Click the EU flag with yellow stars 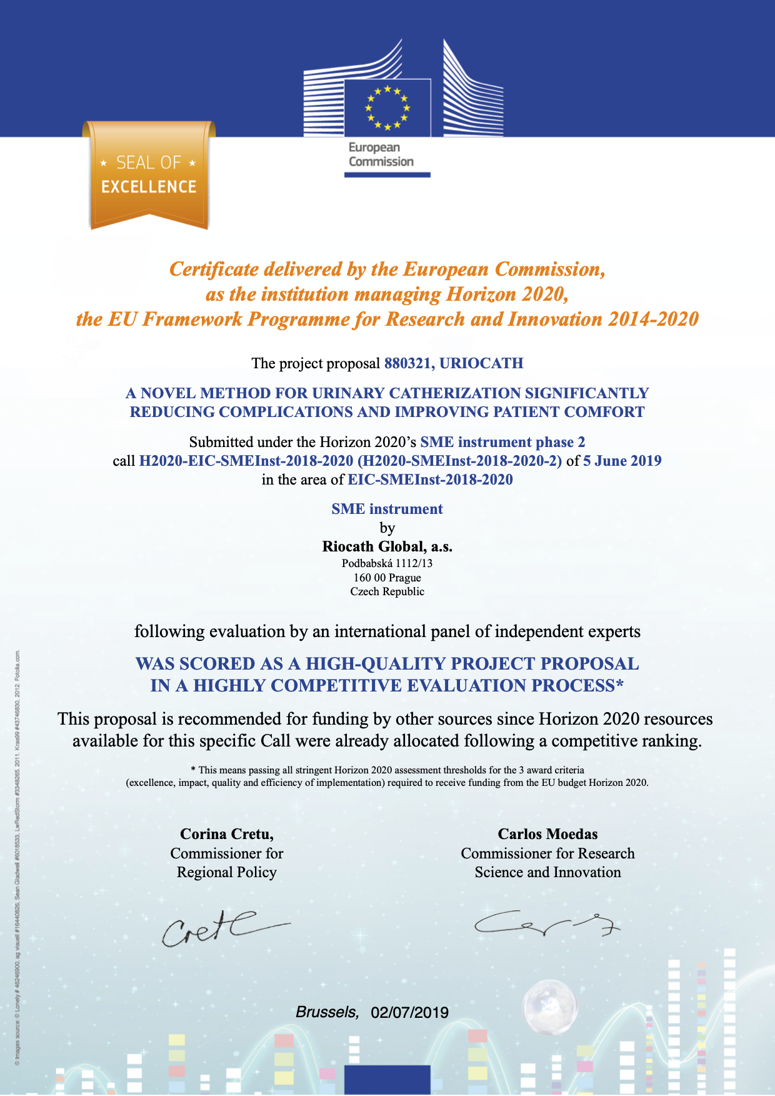(x=387, y=108)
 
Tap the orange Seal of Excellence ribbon (x=149, y=175)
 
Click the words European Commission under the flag (x=381, y=154)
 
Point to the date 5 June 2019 (x=622, y=461)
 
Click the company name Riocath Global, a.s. (x=387, y=546)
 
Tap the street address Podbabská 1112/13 (x=387, y=563)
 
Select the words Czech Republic (x=387, y=591)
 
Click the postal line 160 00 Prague (x=387, y=578)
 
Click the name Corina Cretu (x=226, y=834)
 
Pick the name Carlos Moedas (x=547, y=834)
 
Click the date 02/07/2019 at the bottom (x=409, y=1013)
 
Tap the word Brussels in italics (x=327, y=1012)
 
